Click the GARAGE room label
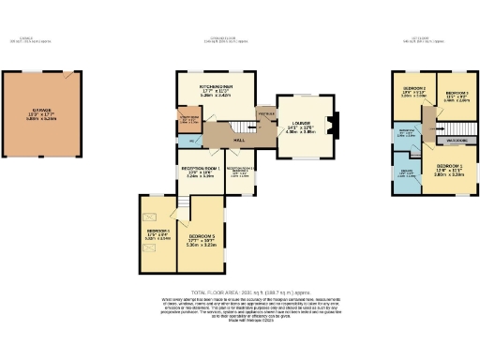tap(41, 110)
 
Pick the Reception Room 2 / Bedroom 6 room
tap(241, 173)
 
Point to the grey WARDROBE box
tap(457, 141)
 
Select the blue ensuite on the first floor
tap(408, 175)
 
